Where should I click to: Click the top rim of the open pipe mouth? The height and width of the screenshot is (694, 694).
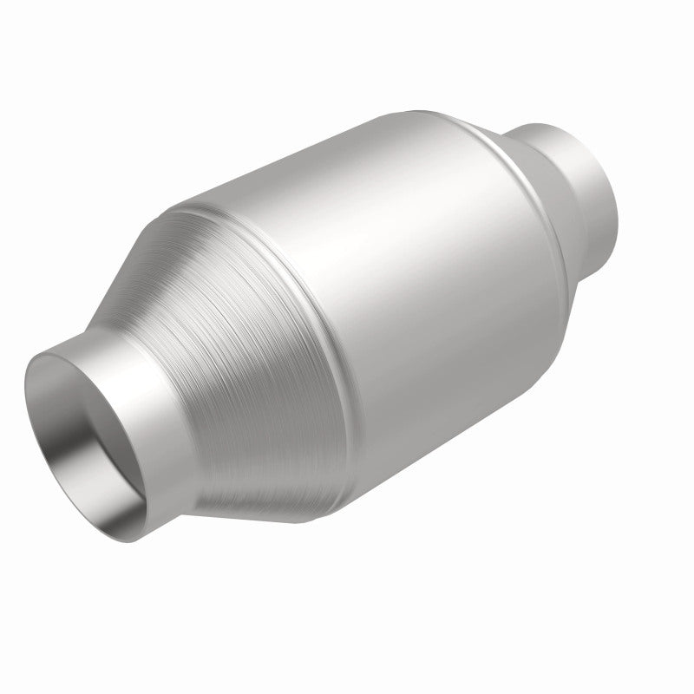pos(69,334)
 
